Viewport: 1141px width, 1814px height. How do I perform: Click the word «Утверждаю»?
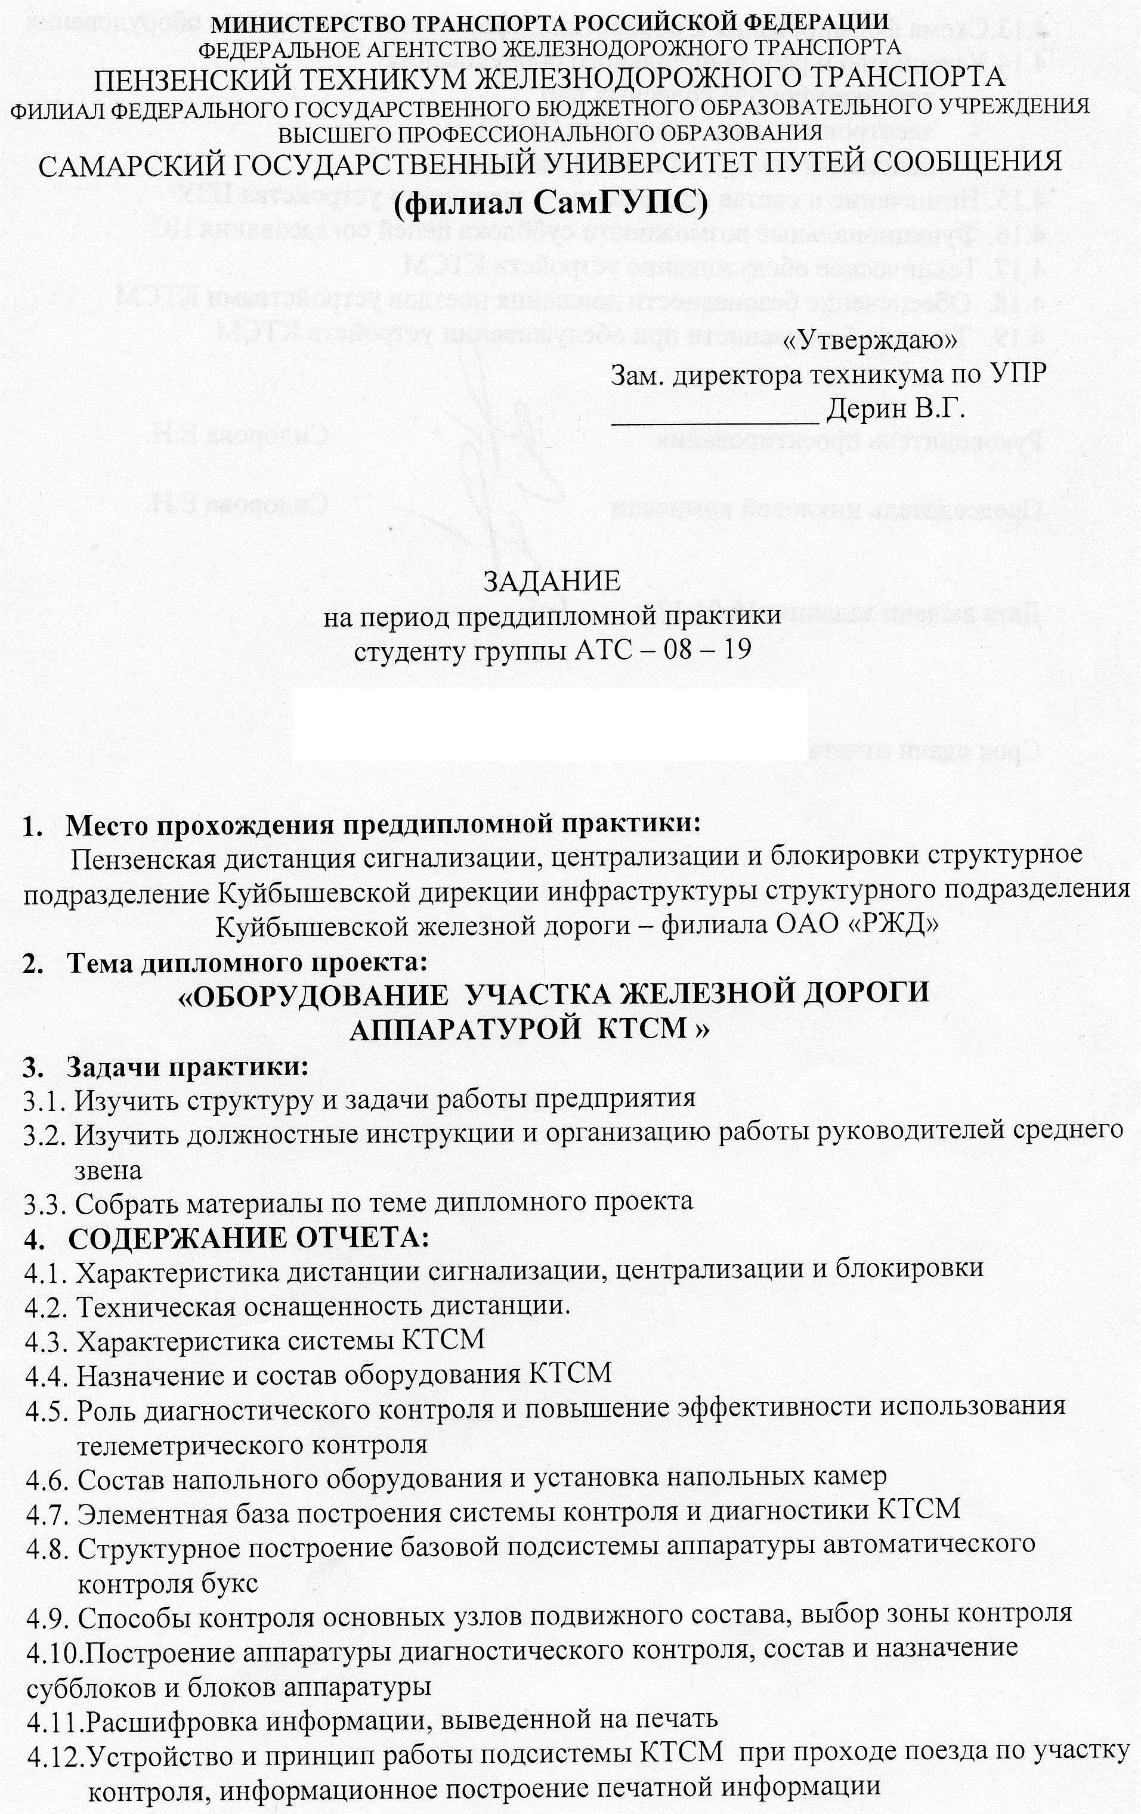(x=870, y=340)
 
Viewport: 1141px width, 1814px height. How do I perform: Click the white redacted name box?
(x=550, y=722)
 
